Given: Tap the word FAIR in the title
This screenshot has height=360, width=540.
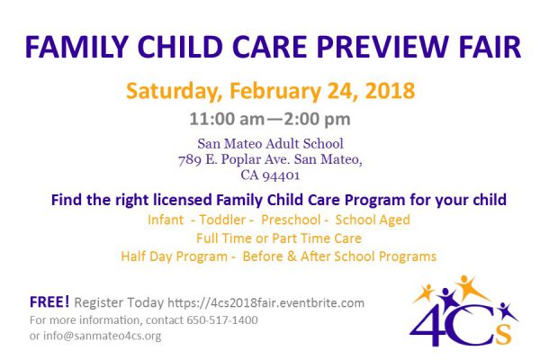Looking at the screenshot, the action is point(490,47).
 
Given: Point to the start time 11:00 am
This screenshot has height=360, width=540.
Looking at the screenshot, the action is point(227,119).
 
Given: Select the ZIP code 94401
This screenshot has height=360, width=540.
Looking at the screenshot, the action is point(281,175).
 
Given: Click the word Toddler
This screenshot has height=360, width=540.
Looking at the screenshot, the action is point(222,220).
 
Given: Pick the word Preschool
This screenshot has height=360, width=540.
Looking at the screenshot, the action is point(291,220).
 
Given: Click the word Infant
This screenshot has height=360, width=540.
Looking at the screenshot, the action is point(166,220).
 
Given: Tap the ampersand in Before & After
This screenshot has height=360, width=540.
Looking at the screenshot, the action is point(292,256).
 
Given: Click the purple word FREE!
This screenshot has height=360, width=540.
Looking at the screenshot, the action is point(49,301).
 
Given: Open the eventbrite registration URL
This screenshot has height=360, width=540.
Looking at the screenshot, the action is point(265,302).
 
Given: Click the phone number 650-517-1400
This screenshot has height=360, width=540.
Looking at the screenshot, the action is point(222,320).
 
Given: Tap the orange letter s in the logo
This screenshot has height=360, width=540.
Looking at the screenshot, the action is point(504,334).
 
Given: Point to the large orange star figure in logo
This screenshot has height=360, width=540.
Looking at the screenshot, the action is point(469,288).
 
